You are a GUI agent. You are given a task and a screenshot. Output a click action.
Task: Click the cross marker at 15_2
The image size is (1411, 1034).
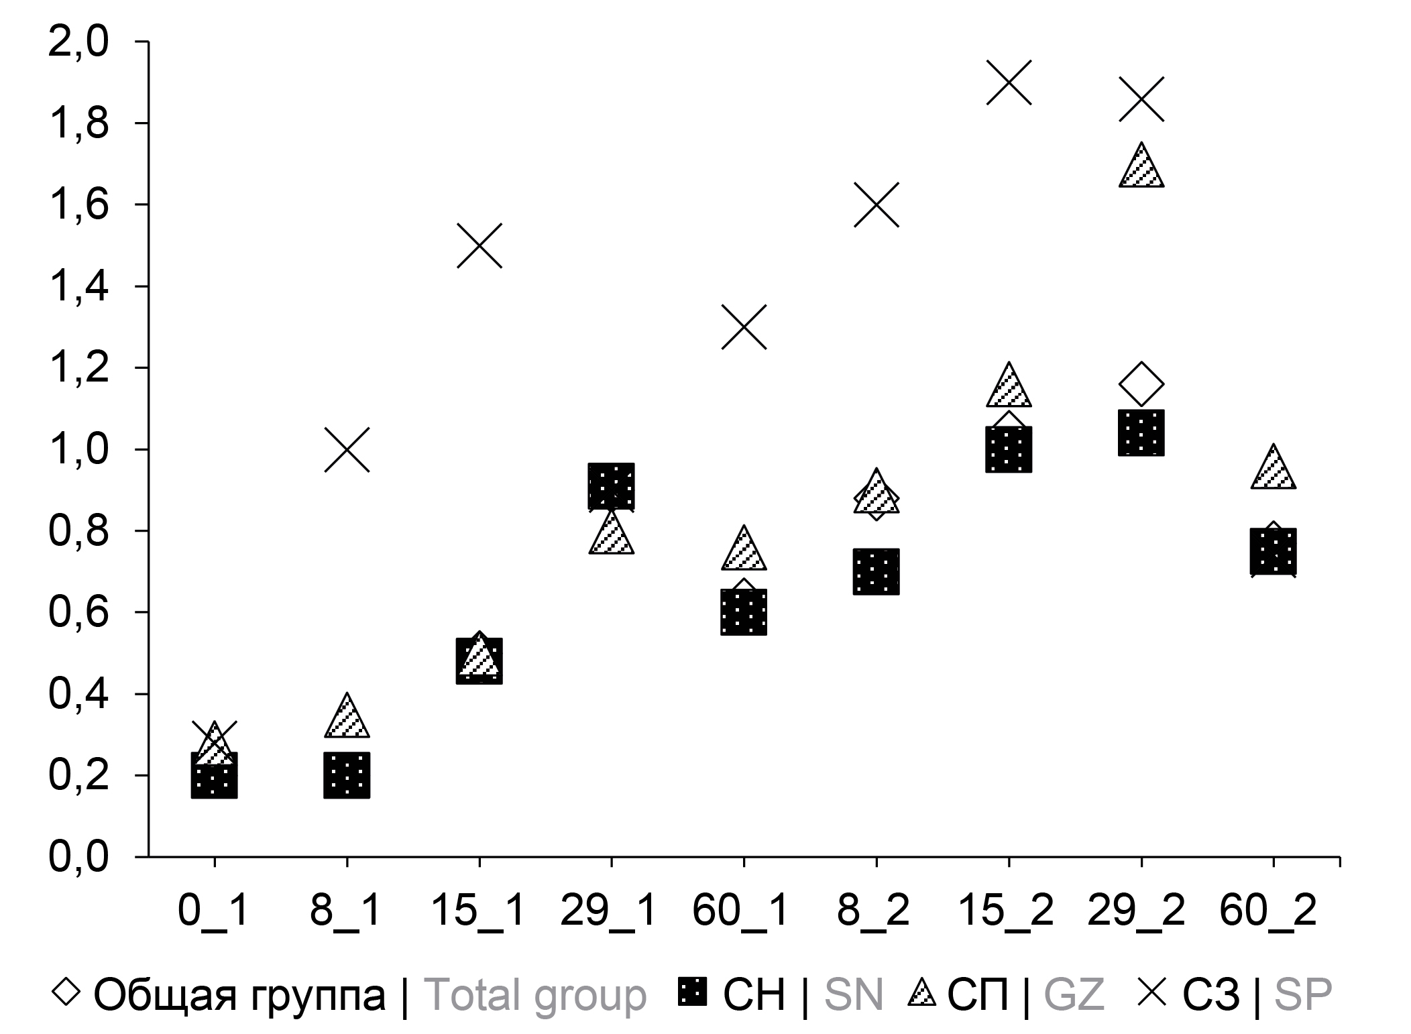pyautogui.click(x=1009, y=82)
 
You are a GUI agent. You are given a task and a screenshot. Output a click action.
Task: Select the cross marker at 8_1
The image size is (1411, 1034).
pyautogui.click(x=347, y=449)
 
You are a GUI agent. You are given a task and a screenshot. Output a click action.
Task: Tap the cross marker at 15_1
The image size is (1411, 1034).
pyautogui.click(x=479, y=245)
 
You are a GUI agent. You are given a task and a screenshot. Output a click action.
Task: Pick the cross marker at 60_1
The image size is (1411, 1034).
pyautogui.click(x=744, y=327)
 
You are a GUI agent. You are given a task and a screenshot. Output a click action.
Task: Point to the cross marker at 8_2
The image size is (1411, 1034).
pyautogui.click(x=877, y=205)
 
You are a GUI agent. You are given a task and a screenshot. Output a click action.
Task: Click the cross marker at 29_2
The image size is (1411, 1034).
pyautogui.click(x=1141, y=99)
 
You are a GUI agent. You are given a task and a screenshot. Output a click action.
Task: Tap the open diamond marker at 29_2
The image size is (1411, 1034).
pyautogui.click(x=1141, y=384)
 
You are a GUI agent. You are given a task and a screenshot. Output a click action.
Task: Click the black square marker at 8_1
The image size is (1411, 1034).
pyautogui.click(x=347, y=775)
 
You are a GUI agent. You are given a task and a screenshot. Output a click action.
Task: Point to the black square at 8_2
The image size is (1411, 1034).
pyautogui.click(x=877, y=571)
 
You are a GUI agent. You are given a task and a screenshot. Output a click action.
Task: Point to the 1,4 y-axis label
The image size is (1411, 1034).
pyautogui.click(x=78, y=286)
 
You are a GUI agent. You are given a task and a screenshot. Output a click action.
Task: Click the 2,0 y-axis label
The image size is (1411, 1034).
pyautogui.click(x=78, y=42)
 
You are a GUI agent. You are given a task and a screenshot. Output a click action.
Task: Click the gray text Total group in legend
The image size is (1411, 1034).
pyautogui.click(x=536, y=994)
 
